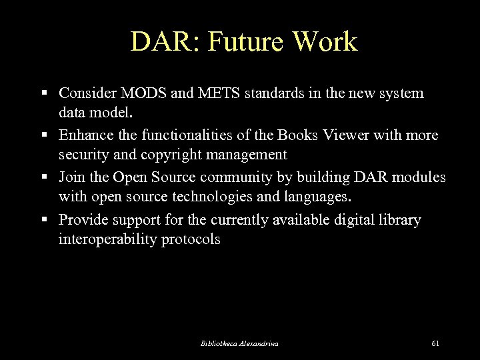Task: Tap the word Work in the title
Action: click(x=326, y=41)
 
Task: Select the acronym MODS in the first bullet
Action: click(x=145, y=93)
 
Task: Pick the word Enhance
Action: click(x=84, y=135)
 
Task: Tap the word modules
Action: click(x=416, y=178)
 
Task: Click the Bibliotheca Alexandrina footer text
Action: click(x=239, y=343)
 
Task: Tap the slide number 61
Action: click(x=435, y=343)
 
